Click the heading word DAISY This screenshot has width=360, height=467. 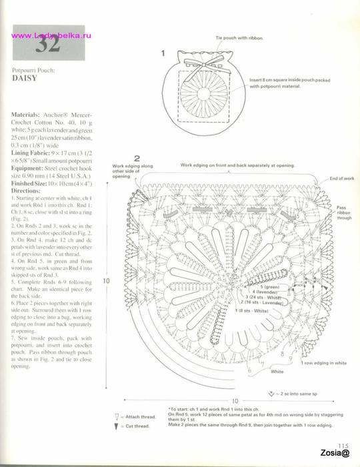(28, 77)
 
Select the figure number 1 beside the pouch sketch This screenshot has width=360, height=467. (163, 52)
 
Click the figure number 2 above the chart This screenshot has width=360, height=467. (137, 158)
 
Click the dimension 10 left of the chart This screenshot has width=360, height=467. (105, 281)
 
